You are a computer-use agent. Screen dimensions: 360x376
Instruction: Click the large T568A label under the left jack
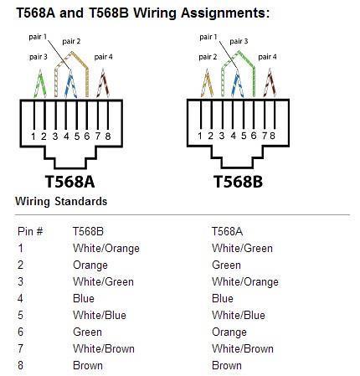pos(69,182)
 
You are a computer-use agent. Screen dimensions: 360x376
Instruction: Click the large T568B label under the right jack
pos(238,182)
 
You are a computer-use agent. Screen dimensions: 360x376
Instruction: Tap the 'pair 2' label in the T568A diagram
pos(71,41)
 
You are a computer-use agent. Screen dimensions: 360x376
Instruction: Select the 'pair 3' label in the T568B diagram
pos(239,41)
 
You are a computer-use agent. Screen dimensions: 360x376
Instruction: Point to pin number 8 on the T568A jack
pos(108,136)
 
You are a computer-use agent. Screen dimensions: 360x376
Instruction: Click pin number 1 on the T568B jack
pos(200,136)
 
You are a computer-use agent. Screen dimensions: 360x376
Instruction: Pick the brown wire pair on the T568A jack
pos(103,83)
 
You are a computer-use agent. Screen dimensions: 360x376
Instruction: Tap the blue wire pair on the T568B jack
pos(237,83)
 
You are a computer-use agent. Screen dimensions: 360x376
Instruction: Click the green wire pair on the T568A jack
pos(40,83)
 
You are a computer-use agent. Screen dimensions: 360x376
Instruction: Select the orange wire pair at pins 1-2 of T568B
pos(207,83)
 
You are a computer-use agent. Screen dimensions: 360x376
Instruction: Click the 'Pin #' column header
pos(30,231)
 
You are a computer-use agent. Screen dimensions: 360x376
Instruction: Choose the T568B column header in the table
pos(88,231)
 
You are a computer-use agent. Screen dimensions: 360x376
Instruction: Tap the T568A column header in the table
pos(227,231)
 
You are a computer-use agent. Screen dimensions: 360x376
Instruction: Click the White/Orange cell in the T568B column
pos(106,249)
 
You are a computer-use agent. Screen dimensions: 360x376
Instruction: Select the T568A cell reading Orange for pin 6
pos(229,332)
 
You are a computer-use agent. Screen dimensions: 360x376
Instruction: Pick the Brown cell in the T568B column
pos(88,365)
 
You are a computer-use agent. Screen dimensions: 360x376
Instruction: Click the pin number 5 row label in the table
pos(20,316)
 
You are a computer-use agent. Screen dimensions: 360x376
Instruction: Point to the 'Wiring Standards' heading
pos(61,202)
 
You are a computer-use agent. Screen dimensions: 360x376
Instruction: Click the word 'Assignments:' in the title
pos(225,13)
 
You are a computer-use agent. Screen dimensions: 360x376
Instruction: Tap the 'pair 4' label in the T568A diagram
pos(103,57)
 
